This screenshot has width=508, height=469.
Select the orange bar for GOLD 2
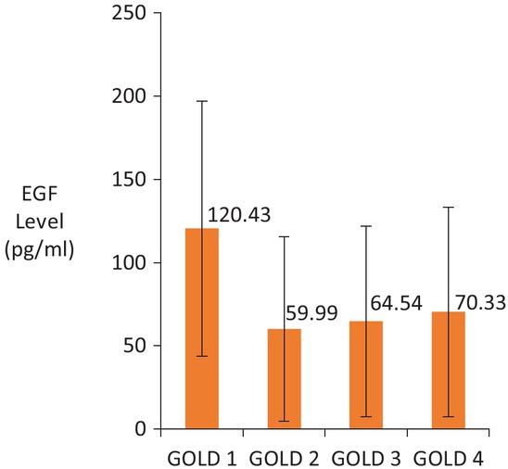[x=284, y=379]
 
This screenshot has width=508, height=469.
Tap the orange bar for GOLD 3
[x=366, y=375]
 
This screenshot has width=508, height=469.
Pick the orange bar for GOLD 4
[x=448, y=371]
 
